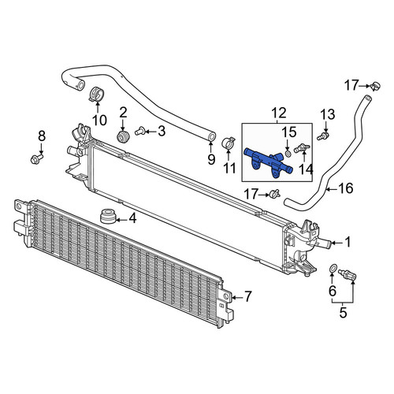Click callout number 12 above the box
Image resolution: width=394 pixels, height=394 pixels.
click(279, 113)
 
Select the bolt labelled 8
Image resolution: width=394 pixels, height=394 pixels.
click(37, 158)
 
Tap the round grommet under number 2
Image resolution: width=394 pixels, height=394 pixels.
click(123, 137)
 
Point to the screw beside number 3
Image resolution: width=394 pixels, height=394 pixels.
click(141, 131)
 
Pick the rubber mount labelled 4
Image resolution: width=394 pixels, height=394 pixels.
click(108, 216)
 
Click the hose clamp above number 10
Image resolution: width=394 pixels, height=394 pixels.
click(97, 95)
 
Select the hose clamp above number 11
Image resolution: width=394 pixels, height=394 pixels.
click(228, 143)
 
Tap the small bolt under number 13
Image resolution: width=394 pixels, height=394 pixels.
click(323, 136)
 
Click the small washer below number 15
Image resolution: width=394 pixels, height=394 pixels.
click(288, 154)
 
